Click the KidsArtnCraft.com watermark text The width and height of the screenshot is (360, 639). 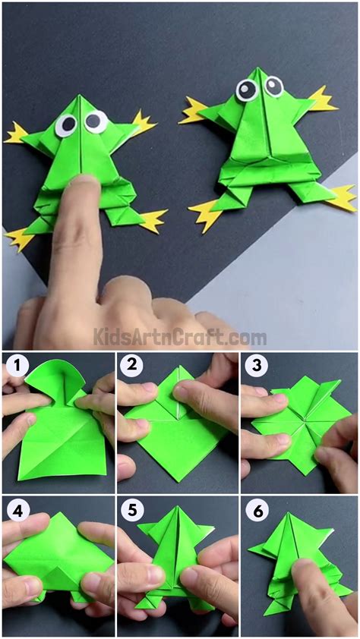pos(180,336)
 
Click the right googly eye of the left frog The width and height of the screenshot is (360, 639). pos(96,121)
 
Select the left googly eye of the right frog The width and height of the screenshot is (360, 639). pos(247,90)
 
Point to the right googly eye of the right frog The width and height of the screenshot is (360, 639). pos(273,86)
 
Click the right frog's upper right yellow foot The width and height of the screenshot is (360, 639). pos(322,99)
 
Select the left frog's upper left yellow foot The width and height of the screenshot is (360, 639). pos(17,134)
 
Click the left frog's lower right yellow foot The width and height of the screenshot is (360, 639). pos(153,220)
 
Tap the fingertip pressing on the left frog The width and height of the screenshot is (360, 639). pos(83,190)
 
